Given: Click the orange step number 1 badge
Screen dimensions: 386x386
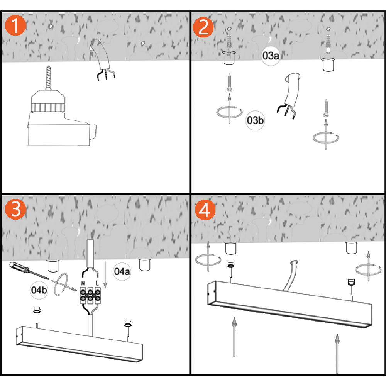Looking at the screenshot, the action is point(15,25).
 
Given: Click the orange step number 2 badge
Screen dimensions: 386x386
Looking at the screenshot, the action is point(203,27).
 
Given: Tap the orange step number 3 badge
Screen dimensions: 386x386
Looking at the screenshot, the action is point(15,209).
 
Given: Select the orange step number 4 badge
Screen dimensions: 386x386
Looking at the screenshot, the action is point(205,210).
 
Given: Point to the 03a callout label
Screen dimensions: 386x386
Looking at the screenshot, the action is point(271,56).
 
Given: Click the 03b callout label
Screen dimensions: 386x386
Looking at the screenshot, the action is point(255,120).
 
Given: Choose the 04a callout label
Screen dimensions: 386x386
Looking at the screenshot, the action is point(122,271).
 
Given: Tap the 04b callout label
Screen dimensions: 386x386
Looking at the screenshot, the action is point(39,290).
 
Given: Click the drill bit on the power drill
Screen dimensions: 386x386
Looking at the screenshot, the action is point(49,78).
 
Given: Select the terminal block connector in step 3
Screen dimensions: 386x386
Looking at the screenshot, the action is point(90,295).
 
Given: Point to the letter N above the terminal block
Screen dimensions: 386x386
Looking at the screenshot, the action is point(83,283).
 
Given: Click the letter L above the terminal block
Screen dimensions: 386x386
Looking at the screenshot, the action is point(97,283).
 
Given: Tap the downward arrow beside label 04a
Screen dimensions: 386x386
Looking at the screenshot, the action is point(105,275).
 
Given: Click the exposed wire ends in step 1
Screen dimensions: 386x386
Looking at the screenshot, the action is point(106,74).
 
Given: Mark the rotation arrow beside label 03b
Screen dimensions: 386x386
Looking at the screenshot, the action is point(229,112).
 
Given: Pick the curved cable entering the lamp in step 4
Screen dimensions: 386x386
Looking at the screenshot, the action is point(291,275).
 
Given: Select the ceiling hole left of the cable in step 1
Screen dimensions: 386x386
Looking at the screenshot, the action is point(51,26).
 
